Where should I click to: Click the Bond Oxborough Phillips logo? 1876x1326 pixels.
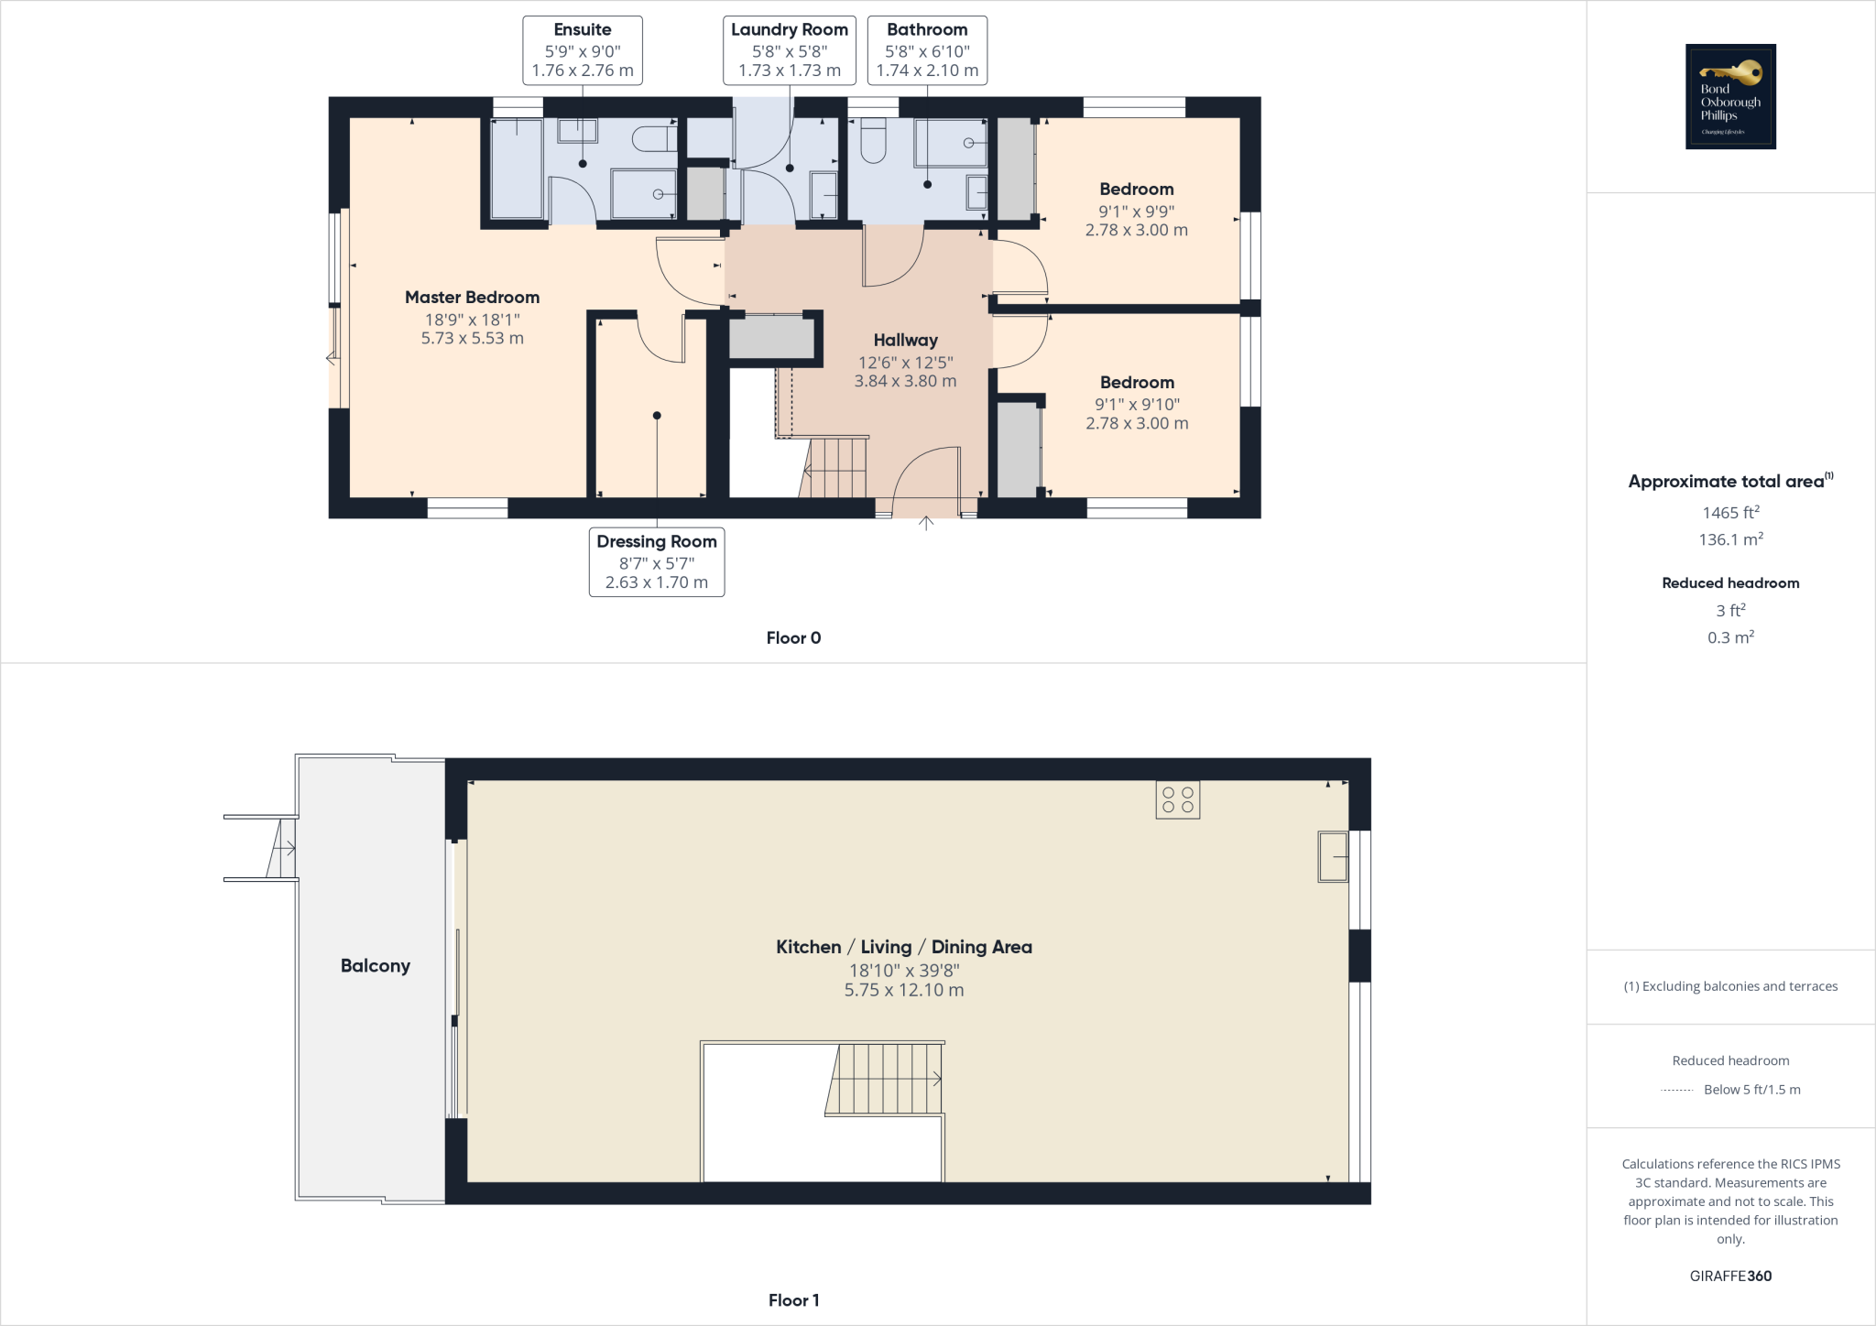(x=1730, y=96)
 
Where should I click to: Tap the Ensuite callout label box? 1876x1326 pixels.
(x=583, y=50)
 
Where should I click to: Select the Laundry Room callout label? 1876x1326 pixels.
(x=790, y=50)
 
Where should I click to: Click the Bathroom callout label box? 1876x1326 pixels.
(x=927, y=50)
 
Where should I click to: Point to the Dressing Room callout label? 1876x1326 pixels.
(x=657, y=561)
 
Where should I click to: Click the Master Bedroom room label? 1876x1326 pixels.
(x=472, y=298)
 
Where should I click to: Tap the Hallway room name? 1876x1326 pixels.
(x=905, y=341)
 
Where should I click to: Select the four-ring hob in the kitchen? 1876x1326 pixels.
(x=1177, y=799)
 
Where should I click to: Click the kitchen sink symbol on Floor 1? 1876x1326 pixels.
(x=1333, y=856)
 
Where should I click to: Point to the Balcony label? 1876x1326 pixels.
(x=375, y=966)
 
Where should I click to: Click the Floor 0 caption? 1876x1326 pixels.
(x=793, y=638)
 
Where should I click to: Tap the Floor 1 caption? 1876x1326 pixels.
(x=793, y=1300)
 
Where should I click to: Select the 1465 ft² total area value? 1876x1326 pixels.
(x=1730, y=513)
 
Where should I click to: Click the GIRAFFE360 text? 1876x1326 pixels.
(x=1730, y=1276)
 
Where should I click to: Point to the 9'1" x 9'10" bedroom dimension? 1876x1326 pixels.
(x=1137, y=404)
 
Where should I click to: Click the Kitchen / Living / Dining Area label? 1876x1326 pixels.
(x=904, y=947)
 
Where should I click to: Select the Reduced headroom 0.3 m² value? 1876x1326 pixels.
(x=1730, y=637)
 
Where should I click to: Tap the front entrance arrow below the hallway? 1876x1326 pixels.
(x=926, y=524)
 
